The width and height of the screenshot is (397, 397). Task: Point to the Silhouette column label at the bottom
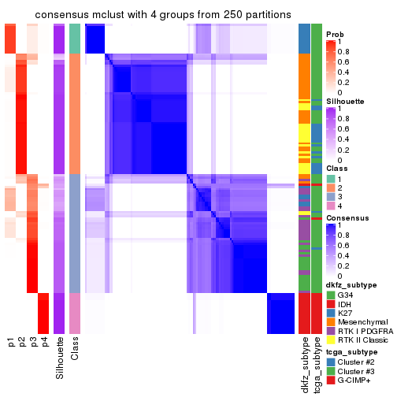[59, 358]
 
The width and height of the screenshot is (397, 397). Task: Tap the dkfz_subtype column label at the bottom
[304, 366]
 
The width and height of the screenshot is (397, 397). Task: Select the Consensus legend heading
[348, 217]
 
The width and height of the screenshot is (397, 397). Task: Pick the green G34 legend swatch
[331, 295]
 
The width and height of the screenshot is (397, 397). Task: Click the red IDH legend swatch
[331, 304]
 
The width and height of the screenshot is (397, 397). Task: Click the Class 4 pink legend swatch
[331, 206]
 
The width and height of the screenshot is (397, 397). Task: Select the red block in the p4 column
[44, 312]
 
